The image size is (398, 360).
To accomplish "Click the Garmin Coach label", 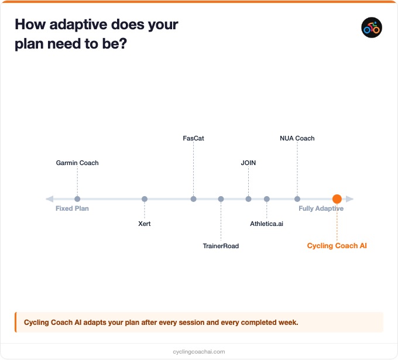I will (77, 163).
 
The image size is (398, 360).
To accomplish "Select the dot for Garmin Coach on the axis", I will (77, 199).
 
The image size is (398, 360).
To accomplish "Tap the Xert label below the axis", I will (145, 224).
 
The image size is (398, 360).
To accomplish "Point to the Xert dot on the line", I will (145, 199).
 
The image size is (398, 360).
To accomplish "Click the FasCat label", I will (193, 138).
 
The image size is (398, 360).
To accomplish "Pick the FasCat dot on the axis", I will (193, 199).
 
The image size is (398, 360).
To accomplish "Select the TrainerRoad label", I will (221, 246).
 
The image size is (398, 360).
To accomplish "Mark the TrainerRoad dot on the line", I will (221, 199).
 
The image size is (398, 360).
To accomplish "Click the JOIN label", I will (248, 163).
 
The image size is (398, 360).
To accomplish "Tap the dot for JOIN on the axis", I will (248, 199).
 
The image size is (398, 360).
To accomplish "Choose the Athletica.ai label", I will (266, 224).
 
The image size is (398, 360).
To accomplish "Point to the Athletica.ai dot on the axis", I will (266, 199).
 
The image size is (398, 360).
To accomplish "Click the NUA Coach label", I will (297, 138).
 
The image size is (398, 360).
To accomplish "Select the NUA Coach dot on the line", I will (297, 199).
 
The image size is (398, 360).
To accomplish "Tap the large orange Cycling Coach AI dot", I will (337, 199).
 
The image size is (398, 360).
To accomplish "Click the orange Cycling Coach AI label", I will (337, 246).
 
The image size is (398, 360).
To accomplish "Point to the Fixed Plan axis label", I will (72, 208).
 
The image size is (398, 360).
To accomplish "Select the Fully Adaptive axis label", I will (321, 208).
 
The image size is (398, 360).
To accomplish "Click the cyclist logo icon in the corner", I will (372, 28).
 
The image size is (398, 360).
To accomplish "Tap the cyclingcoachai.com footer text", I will (199, 351).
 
